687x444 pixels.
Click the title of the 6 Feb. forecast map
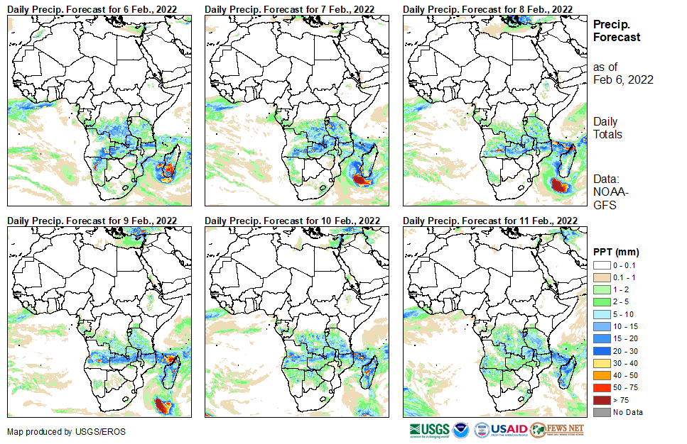(92, 9)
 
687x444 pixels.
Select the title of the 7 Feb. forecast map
(290, 9)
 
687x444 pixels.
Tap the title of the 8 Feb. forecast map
(487, 9)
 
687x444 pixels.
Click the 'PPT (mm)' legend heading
(616, 252)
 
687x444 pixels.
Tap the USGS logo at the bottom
(429, 431)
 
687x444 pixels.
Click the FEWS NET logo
(557, 430)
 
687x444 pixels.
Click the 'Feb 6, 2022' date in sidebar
(623, 79)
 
